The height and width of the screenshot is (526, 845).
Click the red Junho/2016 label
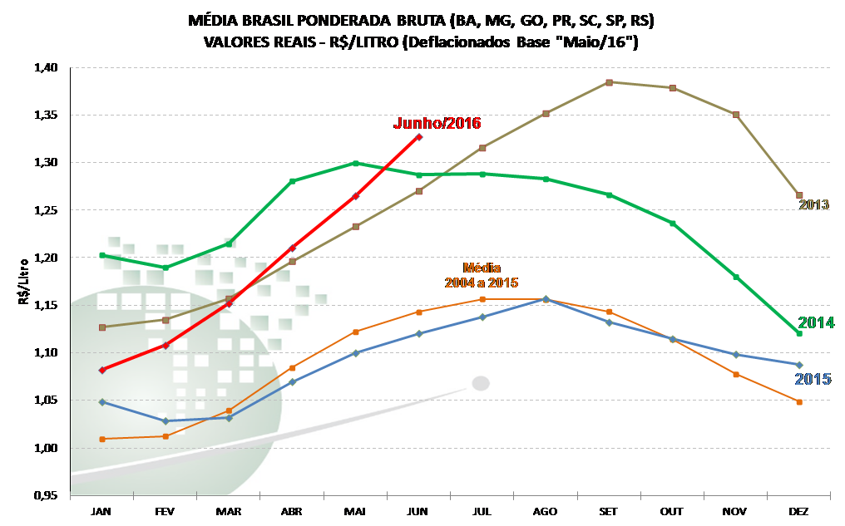pos(437,124)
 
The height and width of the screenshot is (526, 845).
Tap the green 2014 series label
pos(815,322)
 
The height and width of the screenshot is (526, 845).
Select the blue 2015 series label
pos(813,379)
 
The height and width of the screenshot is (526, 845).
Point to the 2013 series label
pos(814,204)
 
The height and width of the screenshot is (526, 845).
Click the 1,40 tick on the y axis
pos(47,68)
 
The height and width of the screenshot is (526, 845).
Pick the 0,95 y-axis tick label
pos(47,496)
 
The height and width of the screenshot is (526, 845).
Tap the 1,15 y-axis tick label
pos(47,306)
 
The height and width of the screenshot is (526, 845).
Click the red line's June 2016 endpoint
pos(419,136)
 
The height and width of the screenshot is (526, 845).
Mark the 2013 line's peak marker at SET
pos(609,82)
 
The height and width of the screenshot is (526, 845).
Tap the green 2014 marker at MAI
pos(355,163)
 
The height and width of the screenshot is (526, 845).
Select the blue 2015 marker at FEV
pos(166,421)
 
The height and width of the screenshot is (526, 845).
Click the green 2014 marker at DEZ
pos(799,333)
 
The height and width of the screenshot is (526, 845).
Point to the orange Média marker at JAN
pos(102,439)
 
